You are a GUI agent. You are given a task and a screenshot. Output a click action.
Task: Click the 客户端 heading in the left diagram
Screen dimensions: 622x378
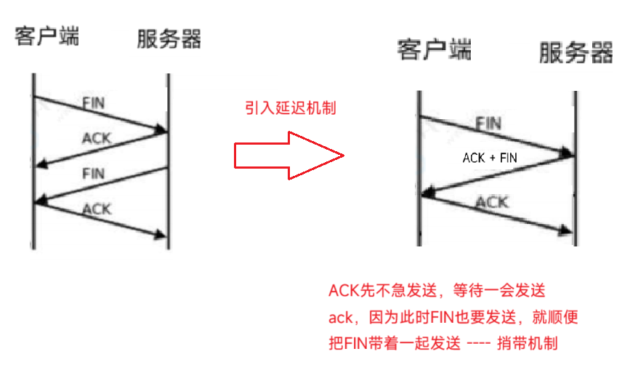pyautogui.click(x=47, y=36)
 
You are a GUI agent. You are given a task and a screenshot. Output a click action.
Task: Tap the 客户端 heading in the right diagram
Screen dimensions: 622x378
pyautogui.click(x=435, y=50)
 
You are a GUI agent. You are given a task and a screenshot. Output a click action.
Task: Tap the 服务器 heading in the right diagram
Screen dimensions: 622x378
pyautogui.click(x=576, y=52)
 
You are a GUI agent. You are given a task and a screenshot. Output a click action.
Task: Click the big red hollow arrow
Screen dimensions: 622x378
pyautogui.click(x=288, y=155)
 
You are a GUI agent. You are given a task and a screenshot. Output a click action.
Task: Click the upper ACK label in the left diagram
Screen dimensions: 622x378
pyautogui.click(x=97, y=137)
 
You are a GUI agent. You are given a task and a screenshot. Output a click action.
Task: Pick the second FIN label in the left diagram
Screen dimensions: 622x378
pyautogui.click(x=93, y=173)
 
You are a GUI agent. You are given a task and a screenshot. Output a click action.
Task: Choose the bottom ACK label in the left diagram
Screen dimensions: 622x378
pyautogui.click(x=97, y=209)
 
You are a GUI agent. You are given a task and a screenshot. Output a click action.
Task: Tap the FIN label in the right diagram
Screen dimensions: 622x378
pyautogui.click(x=488, y=123)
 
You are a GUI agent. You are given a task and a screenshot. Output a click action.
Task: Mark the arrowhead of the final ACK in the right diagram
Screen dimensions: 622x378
pyautogui.click(x=568, y=230)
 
